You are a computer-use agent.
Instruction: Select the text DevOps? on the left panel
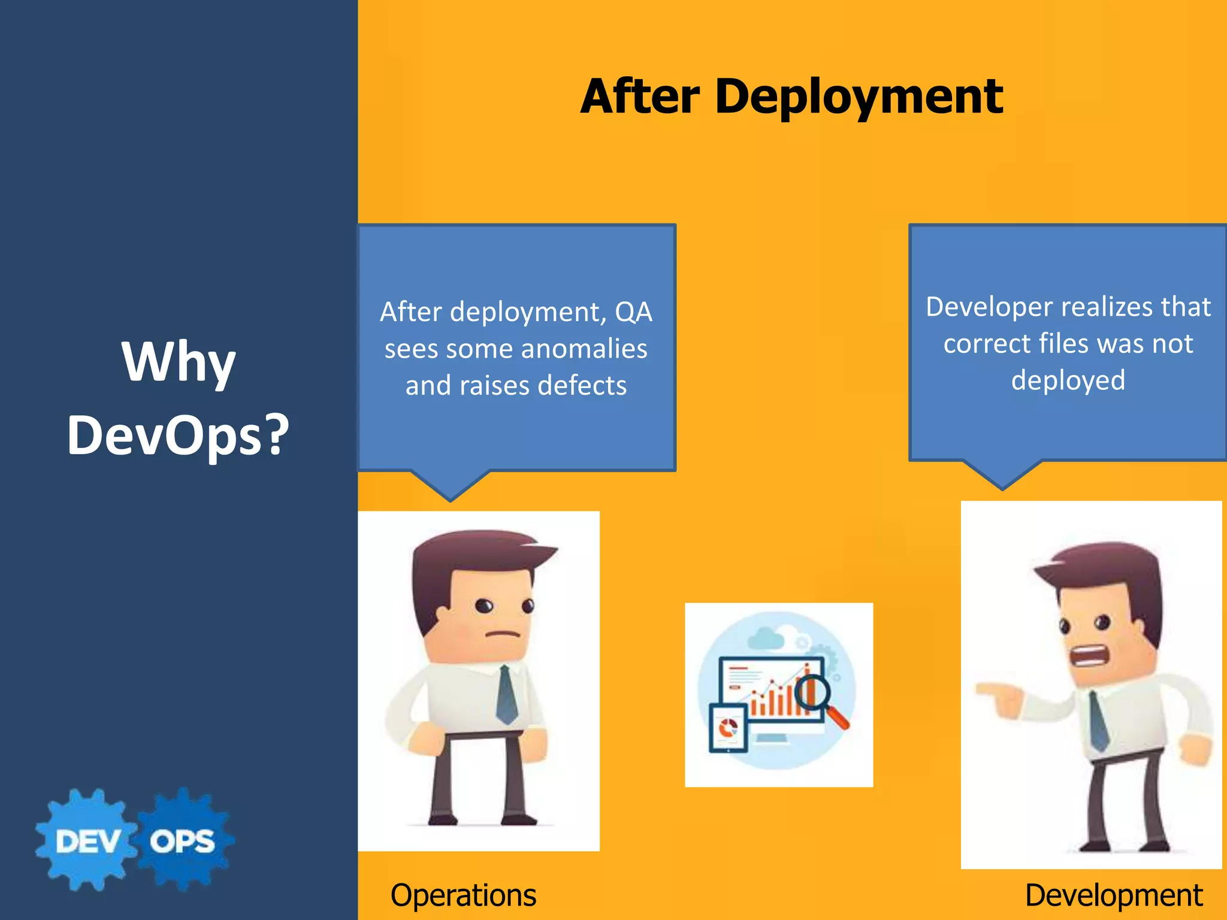point(179,435)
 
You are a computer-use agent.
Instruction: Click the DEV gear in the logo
point(87,841)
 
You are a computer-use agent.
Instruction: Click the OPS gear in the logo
point(182,841)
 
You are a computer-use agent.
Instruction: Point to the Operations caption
point(463,895)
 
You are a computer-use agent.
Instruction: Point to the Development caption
point(1113,895)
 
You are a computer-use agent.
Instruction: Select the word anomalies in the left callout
point(578,349)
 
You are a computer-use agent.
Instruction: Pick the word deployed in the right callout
point(1068,380)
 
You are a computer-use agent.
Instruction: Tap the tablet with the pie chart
point(728,728)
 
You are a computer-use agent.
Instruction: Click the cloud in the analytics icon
point(766,638)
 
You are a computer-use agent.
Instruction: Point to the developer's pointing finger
point(987,689)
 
